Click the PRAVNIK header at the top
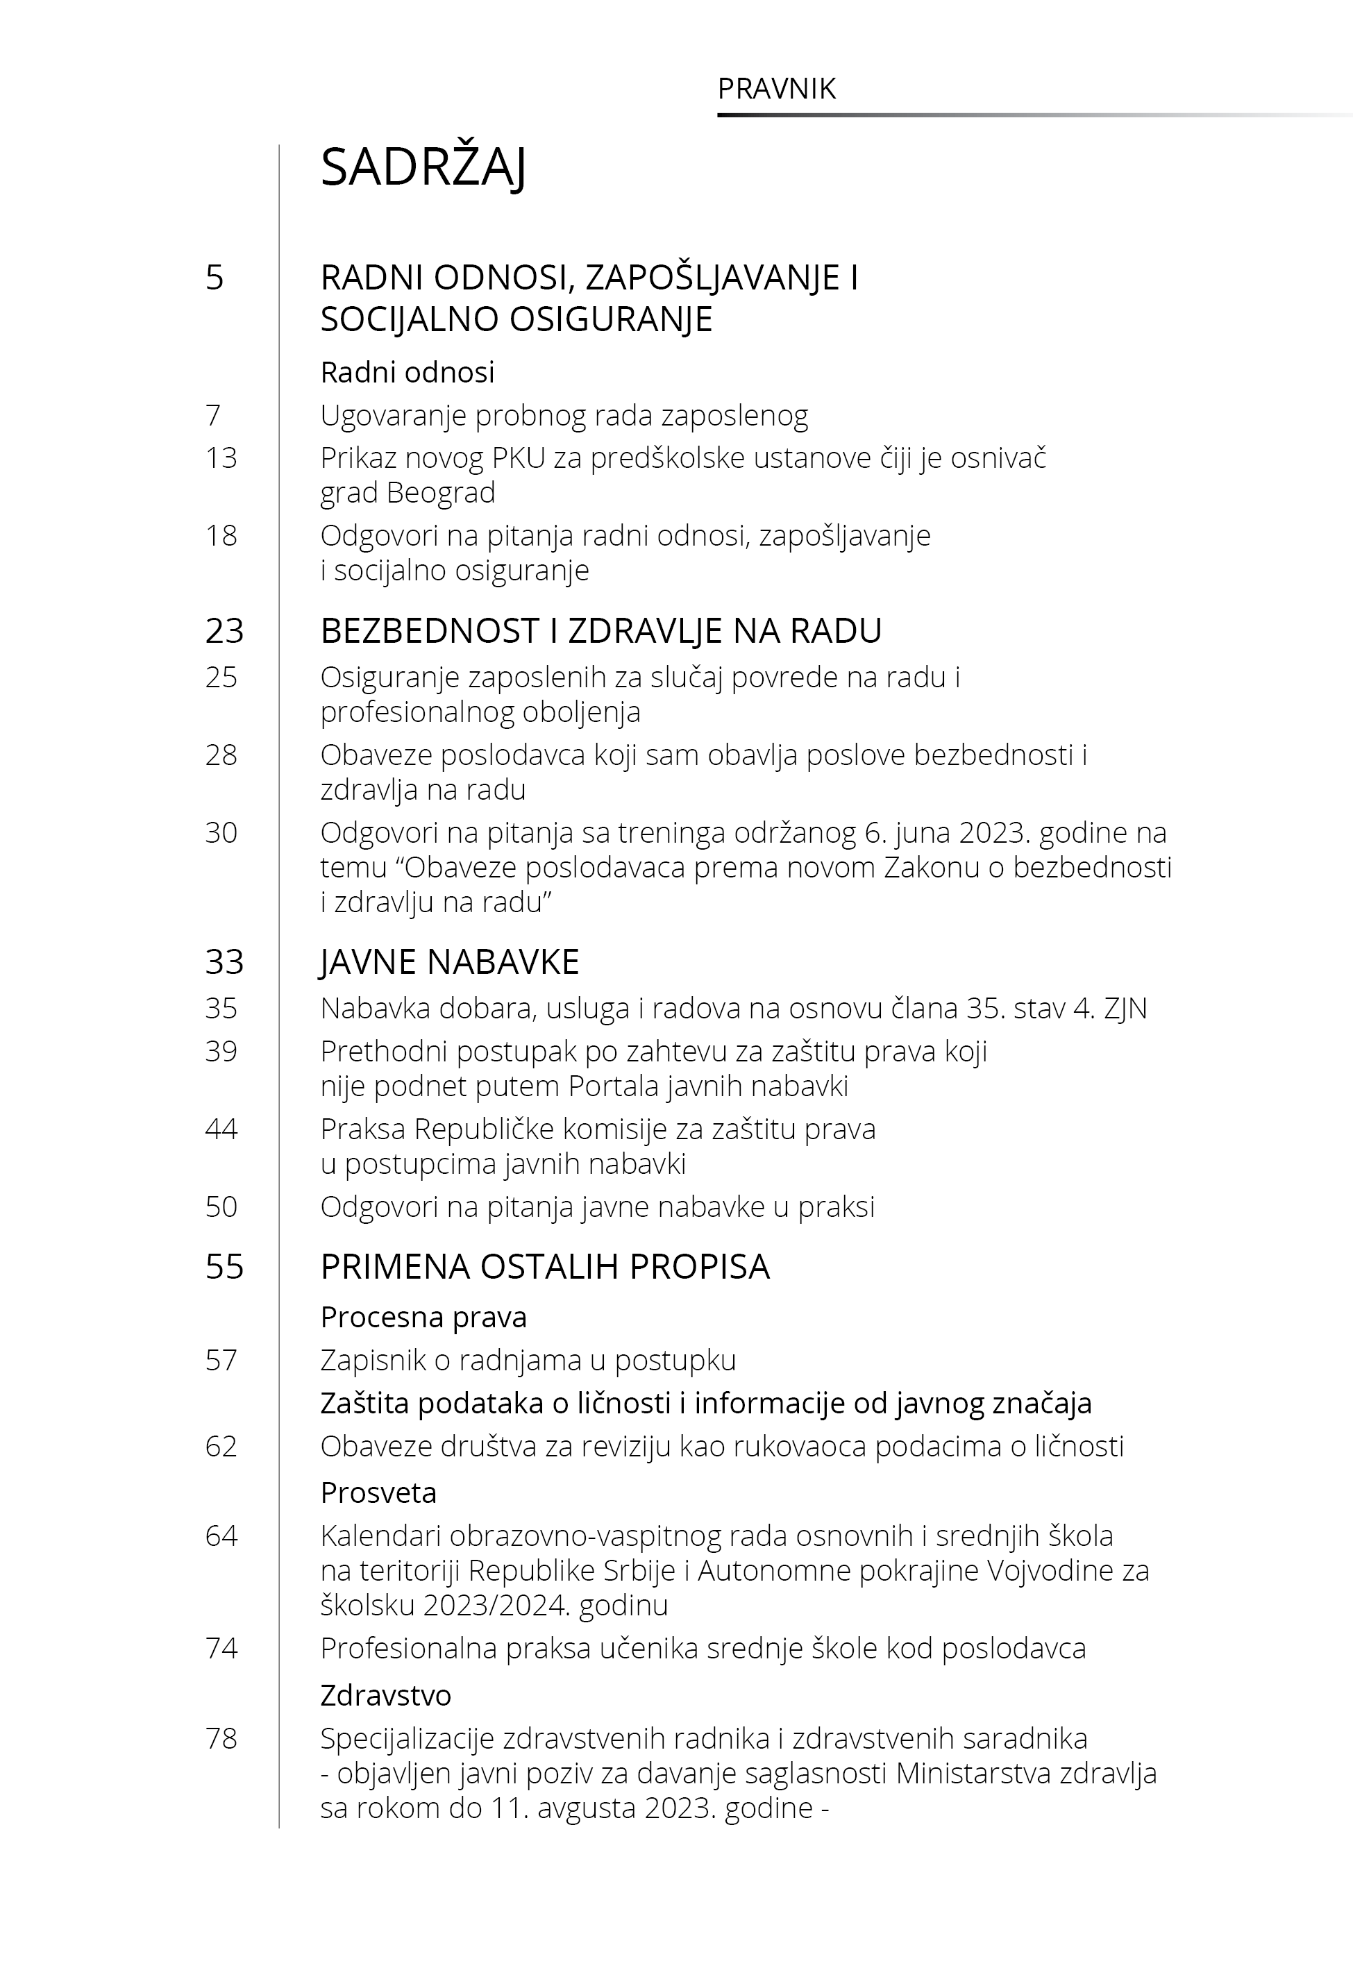(x=777, y=89)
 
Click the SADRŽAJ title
(x=423, y=168)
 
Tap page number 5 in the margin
(x=215, y=278)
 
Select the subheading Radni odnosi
(x=407, y=372)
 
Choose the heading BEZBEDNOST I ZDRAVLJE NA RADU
(x=600, y=630)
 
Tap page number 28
(x=221, y=755)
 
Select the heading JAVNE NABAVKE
(x=449, y=962)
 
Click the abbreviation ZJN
(x=1125, y=1009)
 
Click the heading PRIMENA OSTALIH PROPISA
(x=544, y=1267)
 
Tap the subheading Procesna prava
(x=423, y=1317)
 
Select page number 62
(x=221, y=1446)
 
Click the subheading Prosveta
(x=378, y=1492)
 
